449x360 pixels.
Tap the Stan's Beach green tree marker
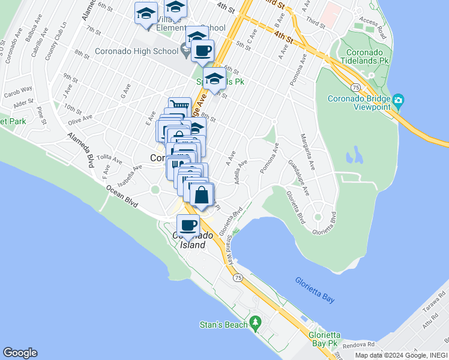(255, 323)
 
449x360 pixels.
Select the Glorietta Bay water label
(315, 290)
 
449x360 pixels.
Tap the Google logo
(20, 353)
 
